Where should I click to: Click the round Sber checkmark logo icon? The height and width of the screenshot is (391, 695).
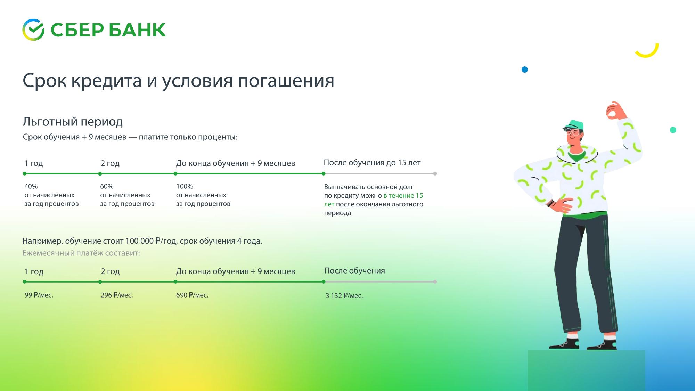33,30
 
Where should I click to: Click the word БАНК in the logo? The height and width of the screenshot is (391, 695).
137,30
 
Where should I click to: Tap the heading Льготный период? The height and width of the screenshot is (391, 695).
73,122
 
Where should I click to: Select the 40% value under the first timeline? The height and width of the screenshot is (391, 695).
31,186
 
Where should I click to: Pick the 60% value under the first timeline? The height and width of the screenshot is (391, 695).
107,186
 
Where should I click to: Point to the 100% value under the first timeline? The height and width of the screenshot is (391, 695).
185,186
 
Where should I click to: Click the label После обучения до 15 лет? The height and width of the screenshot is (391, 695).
372,163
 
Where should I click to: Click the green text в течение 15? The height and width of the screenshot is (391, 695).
403,196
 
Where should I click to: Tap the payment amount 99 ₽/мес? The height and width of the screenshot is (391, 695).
39,295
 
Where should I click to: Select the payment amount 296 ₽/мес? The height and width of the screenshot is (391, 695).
117,295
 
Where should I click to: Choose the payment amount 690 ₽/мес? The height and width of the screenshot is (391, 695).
192,295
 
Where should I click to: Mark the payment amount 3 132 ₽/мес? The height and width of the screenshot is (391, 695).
344,296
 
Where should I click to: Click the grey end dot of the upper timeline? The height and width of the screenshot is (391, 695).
435,173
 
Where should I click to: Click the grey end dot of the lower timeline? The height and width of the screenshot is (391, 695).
435,282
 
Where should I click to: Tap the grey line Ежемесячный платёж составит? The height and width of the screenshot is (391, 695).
81,253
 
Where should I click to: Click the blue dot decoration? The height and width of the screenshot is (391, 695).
525,70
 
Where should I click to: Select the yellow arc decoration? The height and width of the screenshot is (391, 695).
647,53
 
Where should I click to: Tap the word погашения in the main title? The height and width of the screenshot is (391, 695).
286,81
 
